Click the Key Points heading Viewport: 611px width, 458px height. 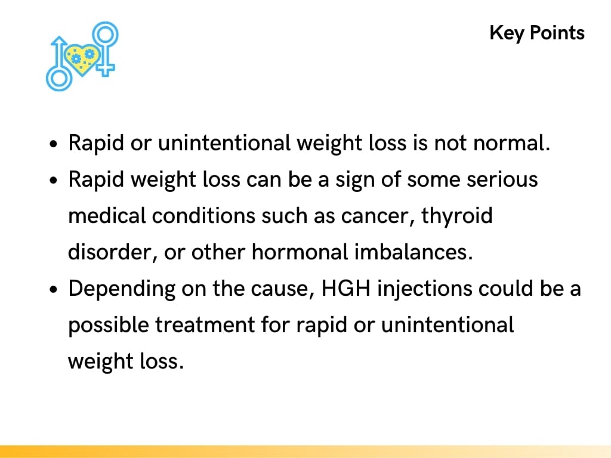[537, 33]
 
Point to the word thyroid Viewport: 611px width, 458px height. [457, 216]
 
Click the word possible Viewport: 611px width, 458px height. [109, 326]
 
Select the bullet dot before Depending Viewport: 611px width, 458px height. [54, 290]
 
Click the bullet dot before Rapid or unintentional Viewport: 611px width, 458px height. [54, 145]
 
